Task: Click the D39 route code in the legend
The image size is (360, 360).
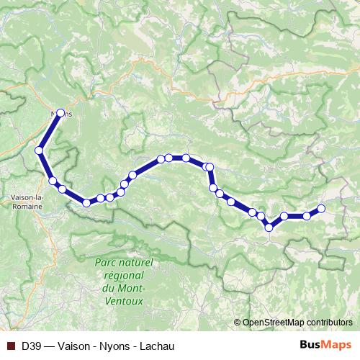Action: [30, 346]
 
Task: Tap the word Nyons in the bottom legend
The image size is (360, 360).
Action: [116, 346]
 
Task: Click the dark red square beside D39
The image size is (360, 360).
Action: [9, 346]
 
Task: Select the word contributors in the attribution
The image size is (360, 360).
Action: [328, 322]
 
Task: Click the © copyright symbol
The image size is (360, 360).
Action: [238, 322]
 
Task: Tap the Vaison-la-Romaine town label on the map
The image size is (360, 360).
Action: [29, 201]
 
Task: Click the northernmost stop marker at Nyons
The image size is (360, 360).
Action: [61, 112]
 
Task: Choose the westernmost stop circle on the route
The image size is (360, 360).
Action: [40, 150]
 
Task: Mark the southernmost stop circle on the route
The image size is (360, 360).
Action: [269, 228]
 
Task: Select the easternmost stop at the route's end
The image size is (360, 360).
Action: [321, 209]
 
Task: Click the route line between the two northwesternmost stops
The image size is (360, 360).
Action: [50, 132]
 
